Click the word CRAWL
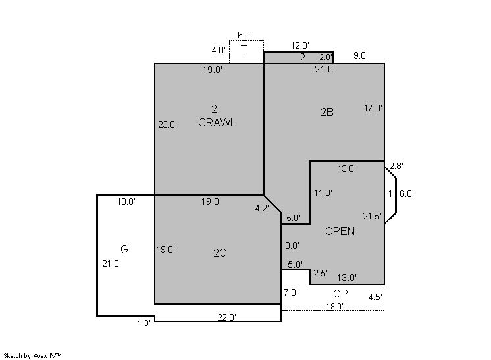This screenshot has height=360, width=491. (217, 122)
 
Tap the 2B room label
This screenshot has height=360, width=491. (327, 112)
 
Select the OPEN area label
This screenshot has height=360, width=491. (340, 232)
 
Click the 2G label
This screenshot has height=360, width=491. (220, 253)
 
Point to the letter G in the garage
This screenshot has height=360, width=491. (124, 249)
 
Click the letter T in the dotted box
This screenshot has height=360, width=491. (244, 49)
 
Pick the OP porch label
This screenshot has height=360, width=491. (340, 294)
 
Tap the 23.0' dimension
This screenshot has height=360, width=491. (168, 124)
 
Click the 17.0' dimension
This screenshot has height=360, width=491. (373, 108)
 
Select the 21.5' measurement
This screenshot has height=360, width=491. (372, 216)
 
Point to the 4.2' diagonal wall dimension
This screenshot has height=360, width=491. (262, 208)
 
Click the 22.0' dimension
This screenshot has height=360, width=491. (226, 317)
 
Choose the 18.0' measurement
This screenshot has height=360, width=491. (334, 307)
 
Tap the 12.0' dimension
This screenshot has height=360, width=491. (300, 45)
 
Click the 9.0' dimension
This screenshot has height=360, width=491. (361, 55)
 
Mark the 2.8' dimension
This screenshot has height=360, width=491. (396, 166)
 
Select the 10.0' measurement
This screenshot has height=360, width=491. (126, 201)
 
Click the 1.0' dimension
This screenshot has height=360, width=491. (144, 323)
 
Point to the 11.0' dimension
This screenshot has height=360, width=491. (323, 193)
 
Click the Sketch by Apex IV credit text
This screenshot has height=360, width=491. (32, 356)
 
